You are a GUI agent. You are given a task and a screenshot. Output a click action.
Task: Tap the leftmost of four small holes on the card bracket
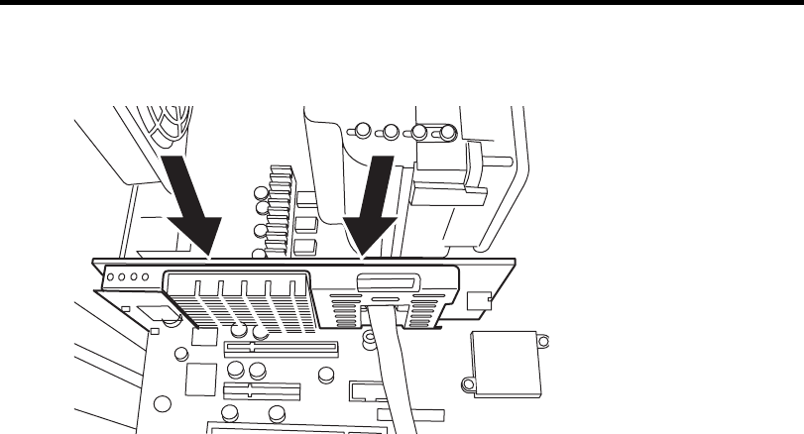[112, 278]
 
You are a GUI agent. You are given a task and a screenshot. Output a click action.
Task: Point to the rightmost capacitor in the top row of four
[447, 131]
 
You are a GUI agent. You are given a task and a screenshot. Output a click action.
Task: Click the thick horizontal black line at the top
[402, 5]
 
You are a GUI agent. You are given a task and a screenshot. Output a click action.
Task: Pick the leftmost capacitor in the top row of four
[364, 129]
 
